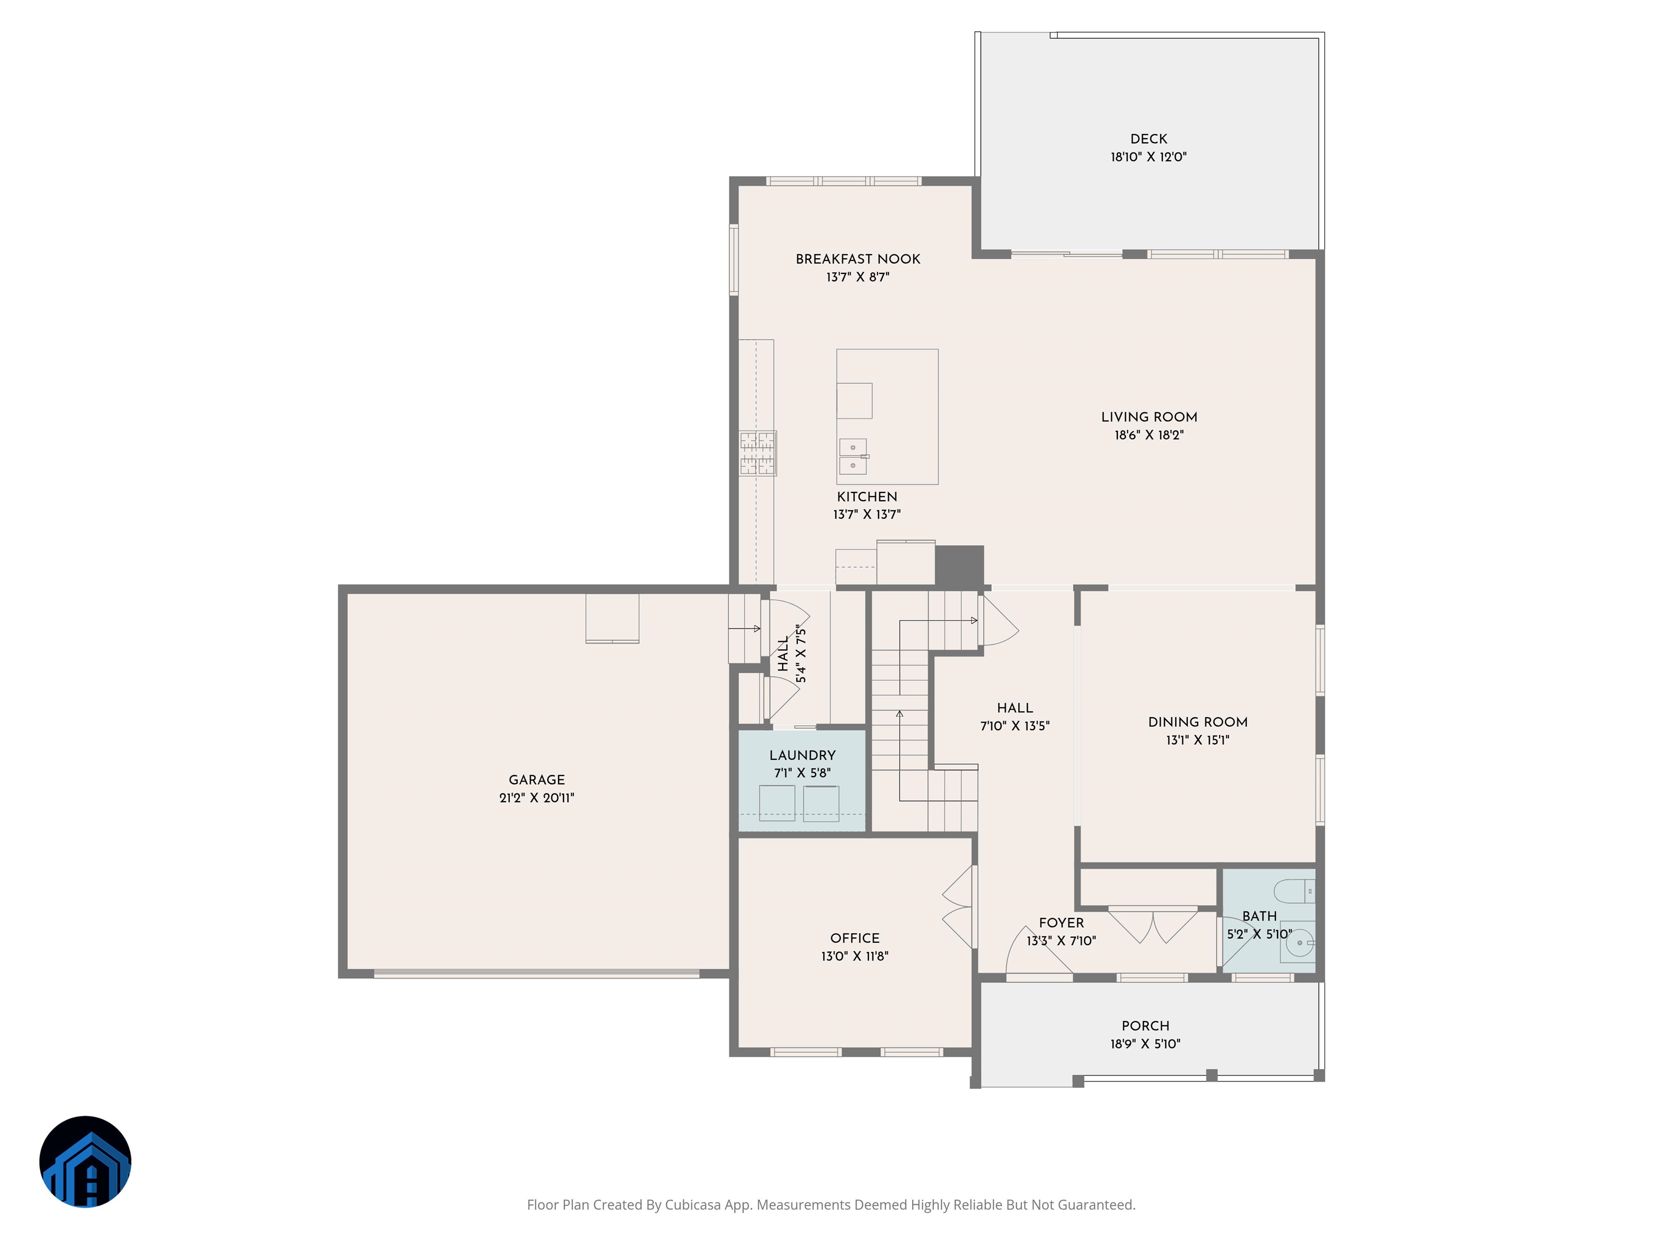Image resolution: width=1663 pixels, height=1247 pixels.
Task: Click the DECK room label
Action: click(1148, 139)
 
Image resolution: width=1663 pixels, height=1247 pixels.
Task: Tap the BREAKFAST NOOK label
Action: click(858, 259)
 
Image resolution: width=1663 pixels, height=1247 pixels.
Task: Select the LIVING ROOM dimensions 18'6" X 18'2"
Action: click(1149, 435)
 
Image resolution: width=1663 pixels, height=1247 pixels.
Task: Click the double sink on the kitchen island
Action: click(853, 456)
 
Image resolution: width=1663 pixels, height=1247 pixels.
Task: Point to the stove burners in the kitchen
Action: click(757, 453)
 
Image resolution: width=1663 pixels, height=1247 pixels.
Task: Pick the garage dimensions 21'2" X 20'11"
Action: click(537, 798)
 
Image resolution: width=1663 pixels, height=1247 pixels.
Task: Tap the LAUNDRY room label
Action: click(802, 756)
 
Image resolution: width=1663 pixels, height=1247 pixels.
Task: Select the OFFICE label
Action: click(855, 938)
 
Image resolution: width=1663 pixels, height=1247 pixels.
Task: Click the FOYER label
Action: click(1062, 923)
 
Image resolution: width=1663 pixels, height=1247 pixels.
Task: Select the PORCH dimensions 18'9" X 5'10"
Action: click(1145, 1044)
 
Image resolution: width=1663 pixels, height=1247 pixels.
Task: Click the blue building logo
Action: click(85, 1162)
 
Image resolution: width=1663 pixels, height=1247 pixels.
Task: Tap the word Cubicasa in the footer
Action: click(692, 1205)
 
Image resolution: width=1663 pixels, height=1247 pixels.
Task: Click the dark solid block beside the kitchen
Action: click(959, 565)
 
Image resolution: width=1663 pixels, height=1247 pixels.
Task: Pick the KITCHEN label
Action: click(867, 497)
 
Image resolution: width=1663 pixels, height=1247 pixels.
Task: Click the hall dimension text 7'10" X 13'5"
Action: click(1015, 726)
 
